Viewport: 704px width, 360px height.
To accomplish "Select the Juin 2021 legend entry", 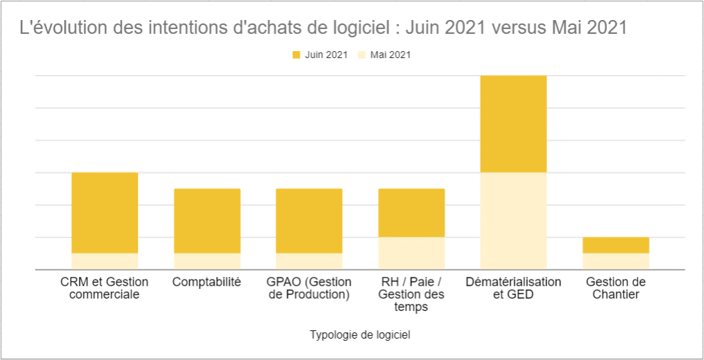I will [x=320, y=55].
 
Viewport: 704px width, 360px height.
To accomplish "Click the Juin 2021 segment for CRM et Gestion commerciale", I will [x=105, y=212].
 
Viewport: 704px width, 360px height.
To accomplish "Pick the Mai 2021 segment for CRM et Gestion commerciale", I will [x=105, y=261].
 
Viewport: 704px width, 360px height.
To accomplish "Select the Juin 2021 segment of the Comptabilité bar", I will [x=207, y=221].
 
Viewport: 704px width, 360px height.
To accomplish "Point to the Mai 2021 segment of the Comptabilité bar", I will [x=207, y=261].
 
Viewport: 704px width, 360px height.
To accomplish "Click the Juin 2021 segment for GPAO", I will [x=309, y=221].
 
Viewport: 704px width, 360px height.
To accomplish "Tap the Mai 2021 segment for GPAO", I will [x=309, y=261].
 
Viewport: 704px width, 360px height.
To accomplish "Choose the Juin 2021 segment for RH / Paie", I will [x=412, y=212].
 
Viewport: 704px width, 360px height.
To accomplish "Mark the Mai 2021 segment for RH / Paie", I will [x=412, y=253].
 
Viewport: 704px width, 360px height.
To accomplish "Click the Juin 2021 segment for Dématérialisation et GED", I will [x=514, y=123].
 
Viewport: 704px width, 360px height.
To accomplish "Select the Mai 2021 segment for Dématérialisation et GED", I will [x=514, y=221].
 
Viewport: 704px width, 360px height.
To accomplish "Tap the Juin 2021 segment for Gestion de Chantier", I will [x=616, y=245].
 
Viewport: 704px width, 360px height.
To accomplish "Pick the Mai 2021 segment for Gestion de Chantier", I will [x=616, y=261].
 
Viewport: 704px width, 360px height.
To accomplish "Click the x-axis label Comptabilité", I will [x=207, y=282].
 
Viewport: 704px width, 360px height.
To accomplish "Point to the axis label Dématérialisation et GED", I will [x=514, y=288].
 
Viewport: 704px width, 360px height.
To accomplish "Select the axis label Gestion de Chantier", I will [x=616, y=288].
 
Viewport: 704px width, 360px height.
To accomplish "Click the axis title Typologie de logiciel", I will [x=360, y=335].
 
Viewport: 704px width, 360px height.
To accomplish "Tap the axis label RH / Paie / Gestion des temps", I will [x=412, y=294].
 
